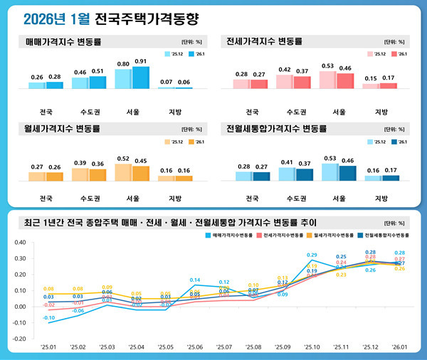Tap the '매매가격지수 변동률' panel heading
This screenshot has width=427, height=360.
(x=63, y=41)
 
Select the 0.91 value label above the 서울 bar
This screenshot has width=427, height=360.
(x=140, y=61)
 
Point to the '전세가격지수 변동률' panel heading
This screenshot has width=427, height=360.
(x=262, y=41)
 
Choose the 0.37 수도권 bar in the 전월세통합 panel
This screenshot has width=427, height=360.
(x=304, y=174)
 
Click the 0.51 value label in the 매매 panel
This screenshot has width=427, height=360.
(x=97, y=72)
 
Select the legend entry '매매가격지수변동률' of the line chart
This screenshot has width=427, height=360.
(x=232, y=234)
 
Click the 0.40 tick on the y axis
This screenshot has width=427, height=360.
(x=19, y=243)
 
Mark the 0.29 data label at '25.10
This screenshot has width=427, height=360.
(x=312, y=255)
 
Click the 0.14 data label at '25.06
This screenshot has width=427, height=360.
(x=194, y=280)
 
